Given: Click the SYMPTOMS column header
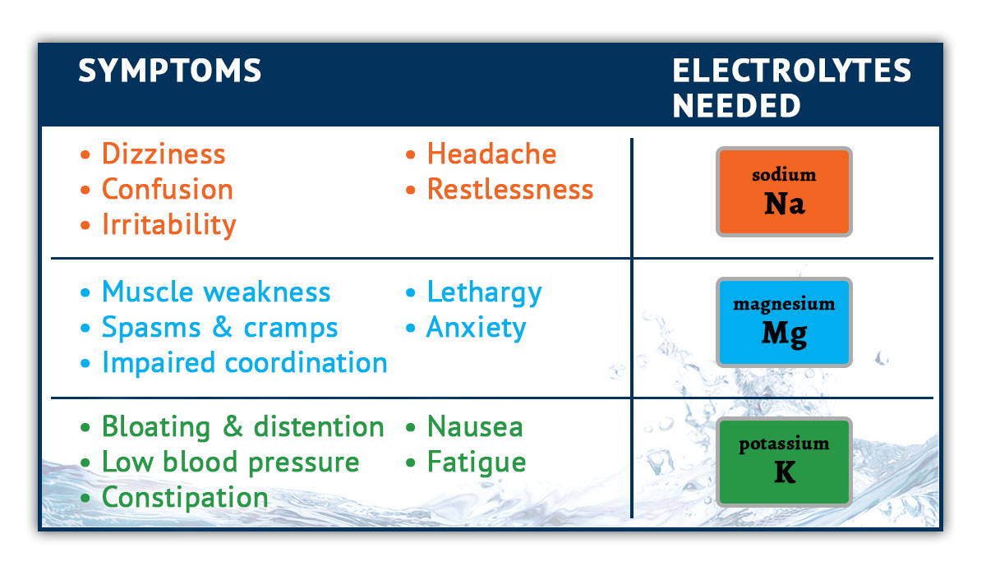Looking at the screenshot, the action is tap(170, 71).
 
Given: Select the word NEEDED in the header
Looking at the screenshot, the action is tap(736, 106).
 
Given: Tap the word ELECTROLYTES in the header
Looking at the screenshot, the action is tap(791, 71).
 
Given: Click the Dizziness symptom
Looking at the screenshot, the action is tap(164, 154).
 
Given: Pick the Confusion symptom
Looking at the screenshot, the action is tap(168, 189).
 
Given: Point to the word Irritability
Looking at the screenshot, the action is tap(169, 225).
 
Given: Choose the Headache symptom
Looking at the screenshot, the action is tap(491, 154).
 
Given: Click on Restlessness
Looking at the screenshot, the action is tap(510, 189).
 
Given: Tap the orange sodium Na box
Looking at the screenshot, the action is tap(784, 192).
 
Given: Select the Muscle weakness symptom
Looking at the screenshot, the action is tap(216, 292).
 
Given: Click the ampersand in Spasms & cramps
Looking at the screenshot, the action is tap(223, 327).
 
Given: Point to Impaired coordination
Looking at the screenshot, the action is tap(245, 363).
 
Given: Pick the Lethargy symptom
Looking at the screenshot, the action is tap(484, 293).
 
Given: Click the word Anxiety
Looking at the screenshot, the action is tap(477, 329).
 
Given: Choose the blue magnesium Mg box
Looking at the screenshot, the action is tap(784, 323).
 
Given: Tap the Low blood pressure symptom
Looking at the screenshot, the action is tap(231, 462).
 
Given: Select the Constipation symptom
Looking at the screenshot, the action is tap(185, 498).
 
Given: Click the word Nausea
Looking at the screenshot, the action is tap(475, 427).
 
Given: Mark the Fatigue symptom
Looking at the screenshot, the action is tap(477, 462).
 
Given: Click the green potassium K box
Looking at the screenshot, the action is tap(784, 462).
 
